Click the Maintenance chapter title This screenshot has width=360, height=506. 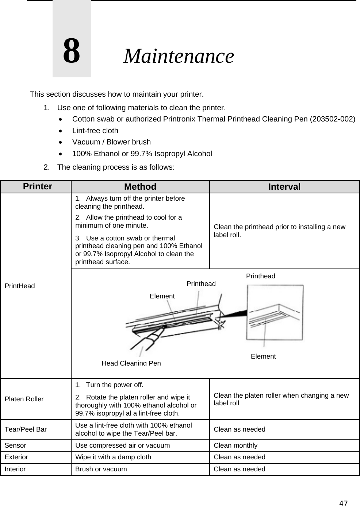179,56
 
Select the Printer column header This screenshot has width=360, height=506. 38,186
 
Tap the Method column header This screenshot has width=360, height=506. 140,187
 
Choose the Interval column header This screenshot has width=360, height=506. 284,187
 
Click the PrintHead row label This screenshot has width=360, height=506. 20,286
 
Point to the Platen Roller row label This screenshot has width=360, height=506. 24,399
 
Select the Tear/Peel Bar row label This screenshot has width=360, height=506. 26,429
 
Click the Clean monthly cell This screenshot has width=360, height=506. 235,445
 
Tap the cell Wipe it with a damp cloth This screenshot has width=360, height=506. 113,457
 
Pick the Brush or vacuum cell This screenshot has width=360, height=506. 101,469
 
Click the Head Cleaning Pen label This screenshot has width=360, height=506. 131,363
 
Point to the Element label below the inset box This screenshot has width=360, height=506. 263,356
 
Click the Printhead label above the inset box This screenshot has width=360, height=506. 260,276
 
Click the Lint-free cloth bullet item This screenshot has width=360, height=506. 95,131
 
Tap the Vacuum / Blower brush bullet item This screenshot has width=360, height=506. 111,142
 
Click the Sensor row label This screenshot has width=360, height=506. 15,445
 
